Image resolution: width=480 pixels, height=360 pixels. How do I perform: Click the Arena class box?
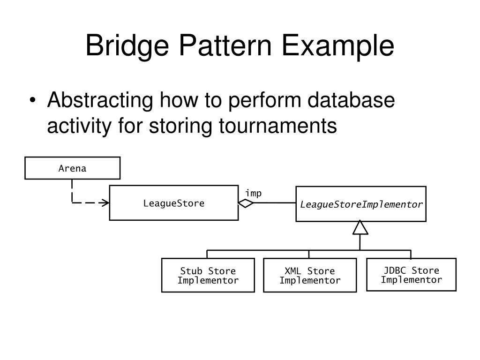tap(72, 168)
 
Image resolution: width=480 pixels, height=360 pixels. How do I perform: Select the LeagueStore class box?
tap(173, 203)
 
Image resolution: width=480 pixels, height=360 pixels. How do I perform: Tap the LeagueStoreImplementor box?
tap(361, 204)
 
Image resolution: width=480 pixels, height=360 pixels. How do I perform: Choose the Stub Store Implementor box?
tap(208, 276)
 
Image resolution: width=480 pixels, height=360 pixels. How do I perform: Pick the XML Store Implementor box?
tap(310, 276)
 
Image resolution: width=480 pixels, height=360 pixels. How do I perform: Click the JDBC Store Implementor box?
tap(411, 275)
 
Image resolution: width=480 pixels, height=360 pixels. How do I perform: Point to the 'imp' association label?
tap(253, 194)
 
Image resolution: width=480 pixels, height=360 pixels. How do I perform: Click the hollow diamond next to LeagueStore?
tap(246, 203)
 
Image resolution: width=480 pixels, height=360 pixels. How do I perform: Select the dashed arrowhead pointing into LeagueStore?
tap(106, 203)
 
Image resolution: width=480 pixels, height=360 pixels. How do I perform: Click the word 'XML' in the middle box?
tap(293, 271)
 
